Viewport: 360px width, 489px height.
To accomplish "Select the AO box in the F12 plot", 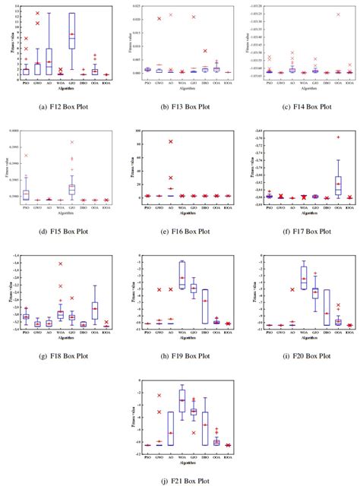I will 49,58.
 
